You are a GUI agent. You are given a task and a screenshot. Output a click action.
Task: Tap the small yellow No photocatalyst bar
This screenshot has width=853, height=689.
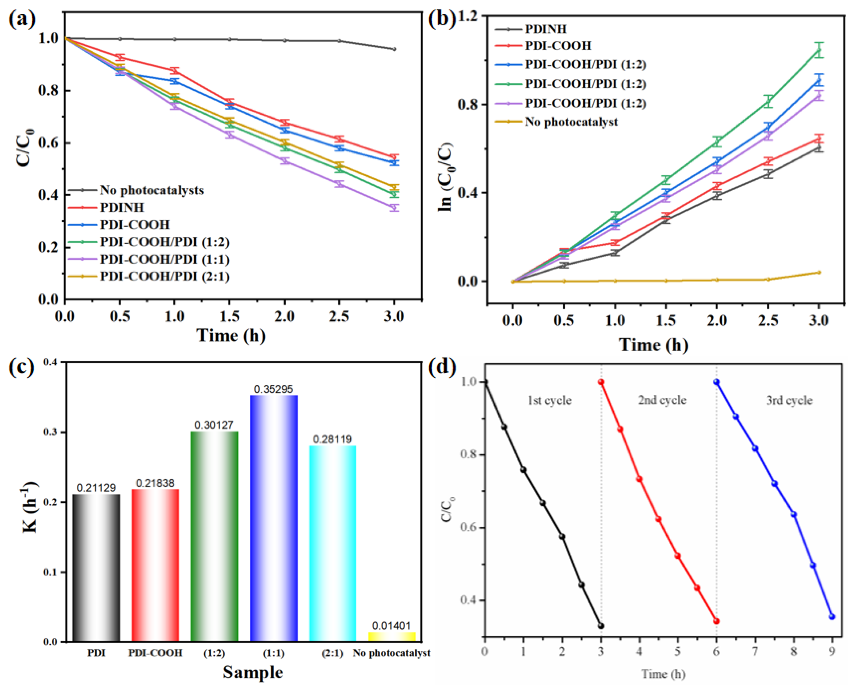click(x=392, y=637)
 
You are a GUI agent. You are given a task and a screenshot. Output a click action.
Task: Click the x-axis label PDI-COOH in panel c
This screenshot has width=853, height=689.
click(x=155, y=653)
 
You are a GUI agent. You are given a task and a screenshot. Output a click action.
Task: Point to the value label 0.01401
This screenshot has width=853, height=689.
click(x=392, y=626)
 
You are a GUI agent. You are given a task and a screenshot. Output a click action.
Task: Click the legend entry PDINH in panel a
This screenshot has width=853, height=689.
click(x=121, y=207)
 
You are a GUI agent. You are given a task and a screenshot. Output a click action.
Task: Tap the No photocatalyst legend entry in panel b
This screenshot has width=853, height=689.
click(x=571, y=122)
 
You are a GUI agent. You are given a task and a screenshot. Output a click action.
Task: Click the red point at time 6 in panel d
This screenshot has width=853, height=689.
click(x=716, y=621)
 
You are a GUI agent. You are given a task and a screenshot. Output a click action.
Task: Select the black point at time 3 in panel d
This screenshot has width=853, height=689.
click(x=601, y=626)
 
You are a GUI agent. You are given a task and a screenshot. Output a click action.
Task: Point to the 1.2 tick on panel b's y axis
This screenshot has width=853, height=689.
click(x=468, y=17)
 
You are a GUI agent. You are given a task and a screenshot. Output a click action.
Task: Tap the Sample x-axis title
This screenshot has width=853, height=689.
click(x=253, y=672)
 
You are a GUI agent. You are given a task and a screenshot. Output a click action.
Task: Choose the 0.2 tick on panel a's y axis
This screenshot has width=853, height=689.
click(x=48, y=247)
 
